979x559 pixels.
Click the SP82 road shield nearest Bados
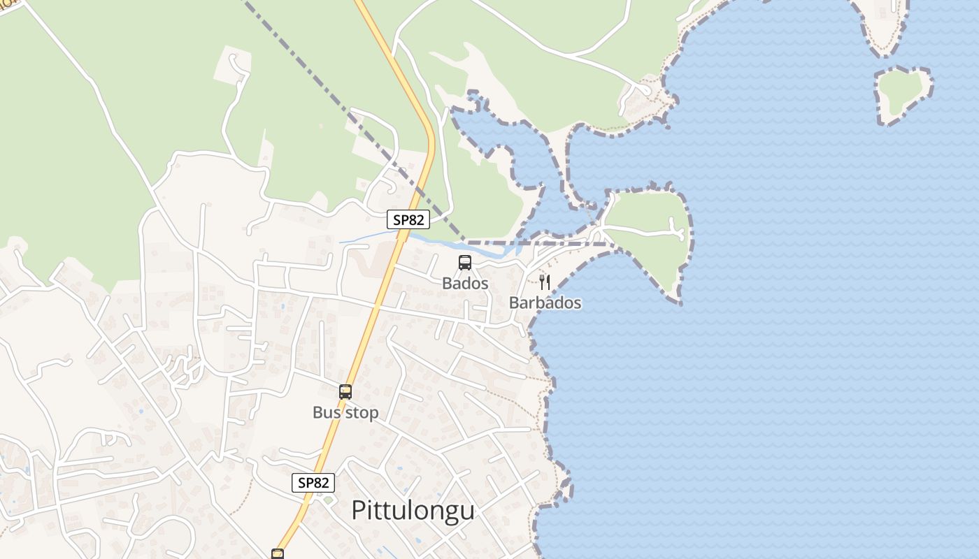408,219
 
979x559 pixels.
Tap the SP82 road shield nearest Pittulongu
313,482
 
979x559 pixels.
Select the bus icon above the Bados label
465,263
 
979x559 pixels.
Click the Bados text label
465,284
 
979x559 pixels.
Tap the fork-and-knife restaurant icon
545,282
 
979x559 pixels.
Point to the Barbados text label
545,303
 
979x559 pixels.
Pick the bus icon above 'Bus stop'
345,391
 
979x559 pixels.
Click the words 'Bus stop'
345,412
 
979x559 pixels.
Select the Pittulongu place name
413,510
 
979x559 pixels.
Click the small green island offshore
902,94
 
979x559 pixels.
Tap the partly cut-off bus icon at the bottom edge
278,554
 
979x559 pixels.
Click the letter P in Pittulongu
359,510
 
